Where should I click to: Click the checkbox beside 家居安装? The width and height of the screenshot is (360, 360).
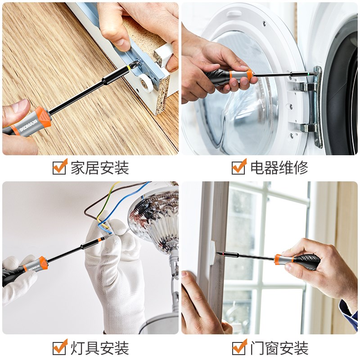[59, 167]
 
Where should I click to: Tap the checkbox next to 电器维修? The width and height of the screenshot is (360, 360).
[238, 167]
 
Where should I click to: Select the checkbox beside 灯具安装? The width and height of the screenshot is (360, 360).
[59, 347]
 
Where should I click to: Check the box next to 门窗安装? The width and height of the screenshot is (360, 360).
[238, 347]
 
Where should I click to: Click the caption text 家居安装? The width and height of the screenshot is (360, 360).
[99, 168]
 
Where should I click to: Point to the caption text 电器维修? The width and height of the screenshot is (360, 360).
[279, 168]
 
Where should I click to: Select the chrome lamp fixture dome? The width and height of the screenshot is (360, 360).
[155, 216]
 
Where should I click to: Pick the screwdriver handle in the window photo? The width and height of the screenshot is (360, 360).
[297, 261]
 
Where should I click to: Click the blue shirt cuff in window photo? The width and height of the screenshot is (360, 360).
[348, 310]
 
